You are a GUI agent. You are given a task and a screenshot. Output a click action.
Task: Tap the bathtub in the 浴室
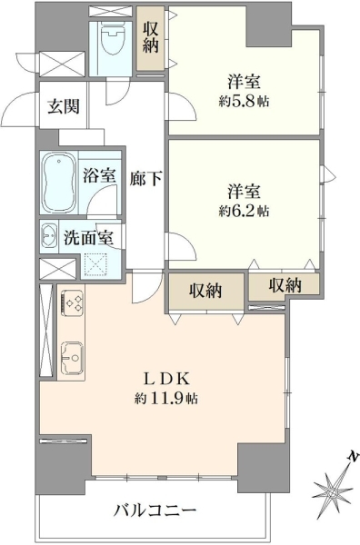click(x=59, y=183)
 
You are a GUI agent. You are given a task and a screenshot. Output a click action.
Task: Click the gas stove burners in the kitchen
click(x=73, y=302)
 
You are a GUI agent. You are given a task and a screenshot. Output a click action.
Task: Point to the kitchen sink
click(x=72, y=357)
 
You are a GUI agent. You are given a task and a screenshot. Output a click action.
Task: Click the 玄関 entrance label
click(x=64, y=106)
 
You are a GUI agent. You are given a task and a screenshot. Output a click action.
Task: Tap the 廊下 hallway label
click(x=145, y=178)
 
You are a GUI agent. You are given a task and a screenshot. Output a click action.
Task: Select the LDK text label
click(x=166, y=379)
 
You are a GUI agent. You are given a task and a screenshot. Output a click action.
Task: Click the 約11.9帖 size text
click(x=166, y=399)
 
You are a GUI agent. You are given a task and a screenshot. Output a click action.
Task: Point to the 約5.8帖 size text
click(x=245, y=102)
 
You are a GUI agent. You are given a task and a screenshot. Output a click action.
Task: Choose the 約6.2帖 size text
click(x=244, y=211)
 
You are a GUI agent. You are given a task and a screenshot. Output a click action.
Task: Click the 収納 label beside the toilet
click(x=150, y=36)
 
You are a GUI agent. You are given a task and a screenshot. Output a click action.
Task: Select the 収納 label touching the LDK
click(x=205, y=291)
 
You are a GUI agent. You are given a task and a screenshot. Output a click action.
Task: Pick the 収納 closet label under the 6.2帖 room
click(x=285, y=286)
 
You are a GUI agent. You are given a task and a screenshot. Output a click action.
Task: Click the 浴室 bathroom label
click(x=99, y=175)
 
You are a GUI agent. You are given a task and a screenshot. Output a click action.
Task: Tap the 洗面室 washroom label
click(x=88, y=238)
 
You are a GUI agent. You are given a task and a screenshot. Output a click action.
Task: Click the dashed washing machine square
click(x=95, y=264)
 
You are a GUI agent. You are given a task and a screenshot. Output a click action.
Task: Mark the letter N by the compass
click(x=354, y=455)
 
